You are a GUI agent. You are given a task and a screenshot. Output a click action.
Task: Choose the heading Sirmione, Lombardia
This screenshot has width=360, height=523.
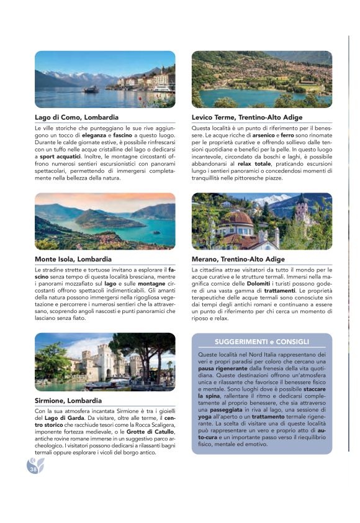point(67,400)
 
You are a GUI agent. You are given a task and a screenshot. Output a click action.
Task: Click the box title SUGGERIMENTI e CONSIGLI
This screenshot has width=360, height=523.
point(261,342)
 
